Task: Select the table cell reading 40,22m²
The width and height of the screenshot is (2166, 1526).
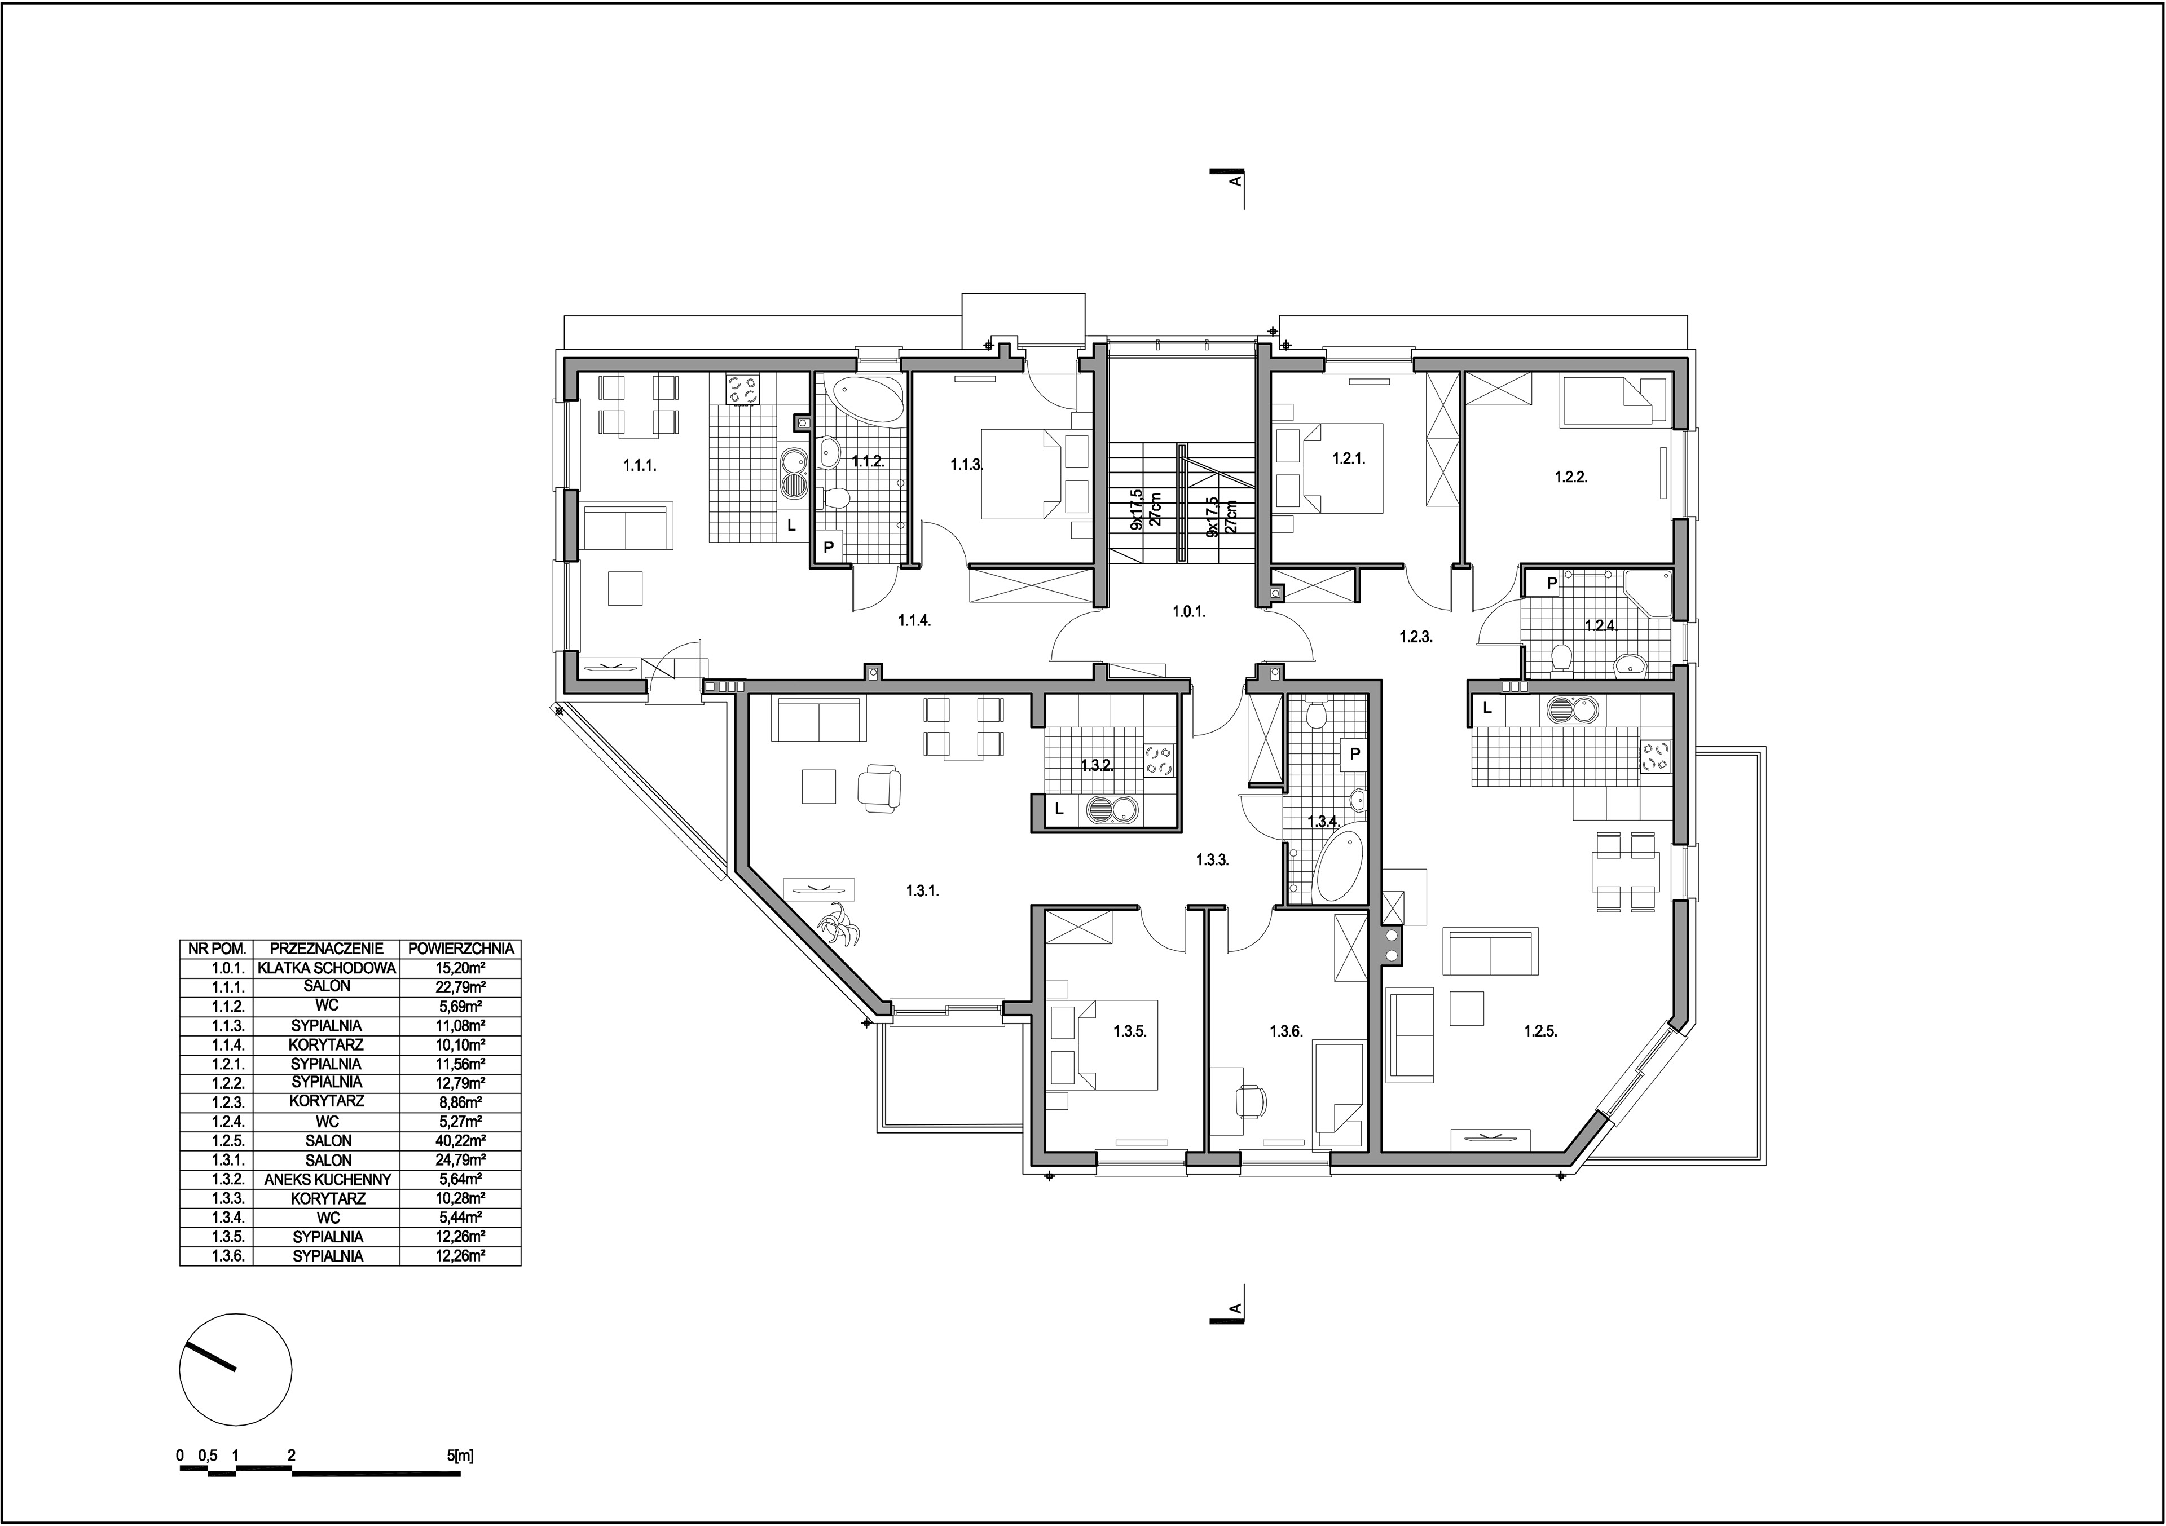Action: pos(460,1140)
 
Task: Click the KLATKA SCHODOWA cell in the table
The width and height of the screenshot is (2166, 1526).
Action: pos(327,968)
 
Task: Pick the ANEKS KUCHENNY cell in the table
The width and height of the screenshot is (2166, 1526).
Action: pos(327,1179)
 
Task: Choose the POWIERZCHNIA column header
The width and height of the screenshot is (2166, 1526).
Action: pos(460,948)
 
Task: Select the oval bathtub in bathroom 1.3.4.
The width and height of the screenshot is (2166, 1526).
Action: pos(1338,865)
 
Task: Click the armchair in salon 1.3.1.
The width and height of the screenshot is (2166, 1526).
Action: pos(879,787)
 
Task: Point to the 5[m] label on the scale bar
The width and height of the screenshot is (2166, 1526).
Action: pos(460,1456)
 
